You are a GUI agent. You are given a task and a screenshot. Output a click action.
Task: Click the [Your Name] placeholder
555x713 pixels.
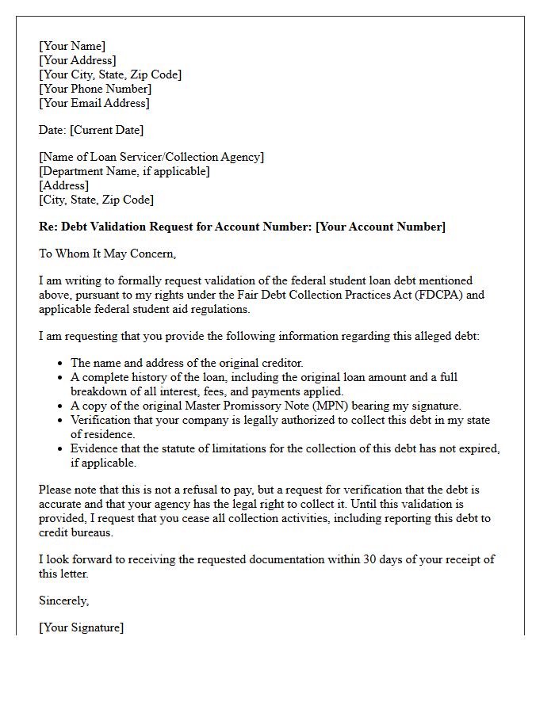pyautogui.click(x=72, y=46)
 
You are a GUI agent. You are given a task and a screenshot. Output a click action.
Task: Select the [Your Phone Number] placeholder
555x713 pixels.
pyautogui.click(x=95, y=89)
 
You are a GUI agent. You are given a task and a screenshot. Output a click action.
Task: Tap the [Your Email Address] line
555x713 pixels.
pyautogui.click(x=94, y=103)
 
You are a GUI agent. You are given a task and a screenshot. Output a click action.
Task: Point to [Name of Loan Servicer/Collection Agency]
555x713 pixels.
pyautogui.click(x=151, y=157)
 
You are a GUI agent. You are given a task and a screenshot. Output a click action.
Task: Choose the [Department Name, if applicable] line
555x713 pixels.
pyautogui.click(x=124, y=171)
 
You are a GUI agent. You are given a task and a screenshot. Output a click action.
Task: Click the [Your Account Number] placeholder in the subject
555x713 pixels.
pyautogui.click(x=381, y=227)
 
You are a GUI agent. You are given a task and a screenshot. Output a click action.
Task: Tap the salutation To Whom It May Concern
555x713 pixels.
pyautogui.click(x=107, y=254)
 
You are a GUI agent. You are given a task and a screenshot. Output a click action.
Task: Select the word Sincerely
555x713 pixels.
pyautogui.click(x=63, y=601)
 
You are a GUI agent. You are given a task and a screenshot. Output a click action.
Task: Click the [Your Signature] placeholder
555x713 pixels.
pyautogui.click(x=81, y=627)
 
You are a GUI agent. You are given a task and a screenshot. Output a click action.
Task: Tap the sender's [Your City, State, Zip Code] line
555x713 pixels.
pyautogui.click(x=110, y=74)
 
